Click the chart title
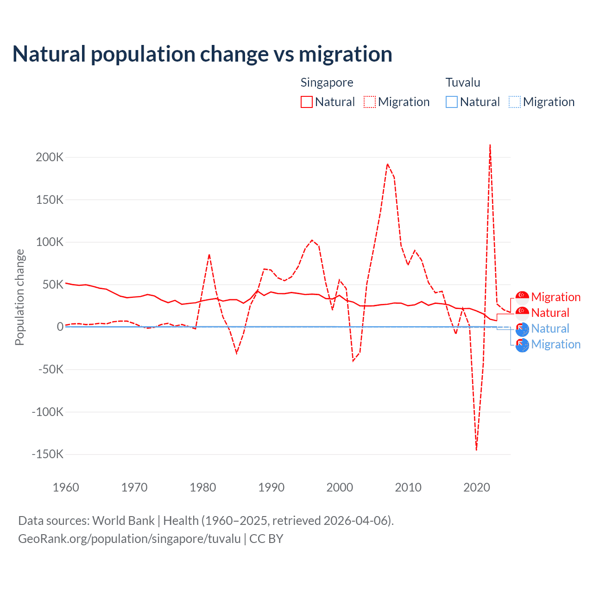coord(202,54)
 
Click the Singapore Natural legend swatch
coord(307,102)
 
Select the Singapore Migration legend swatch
coord(370,102)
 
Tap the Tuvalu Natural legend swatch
coord(452,102)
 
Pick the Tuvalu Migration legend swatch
coord(515,102)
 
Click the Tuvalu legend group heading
coord(463,82)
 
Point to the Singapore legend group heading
coord(327,82)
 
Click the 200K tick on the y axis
coord(50,157)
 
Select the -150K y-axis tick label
coord(47,454)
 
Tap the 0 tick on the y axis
coord(60,327)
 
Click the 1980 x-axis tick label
coord(203,487)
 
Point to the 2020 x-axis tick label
coord(477,487)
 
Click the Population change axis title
coord(19,297)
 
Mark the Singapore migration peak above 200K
coord(490,145)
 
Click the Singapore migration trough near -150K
coord(476,449)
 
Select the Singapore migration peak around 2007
coord(387,164)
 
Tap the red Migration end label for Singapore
coord(555,297)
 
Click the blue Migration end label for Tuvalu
coord(555,344)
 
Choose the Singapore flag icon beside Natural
coord(522,313)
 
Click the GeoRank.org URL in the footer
coord(129,539)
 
